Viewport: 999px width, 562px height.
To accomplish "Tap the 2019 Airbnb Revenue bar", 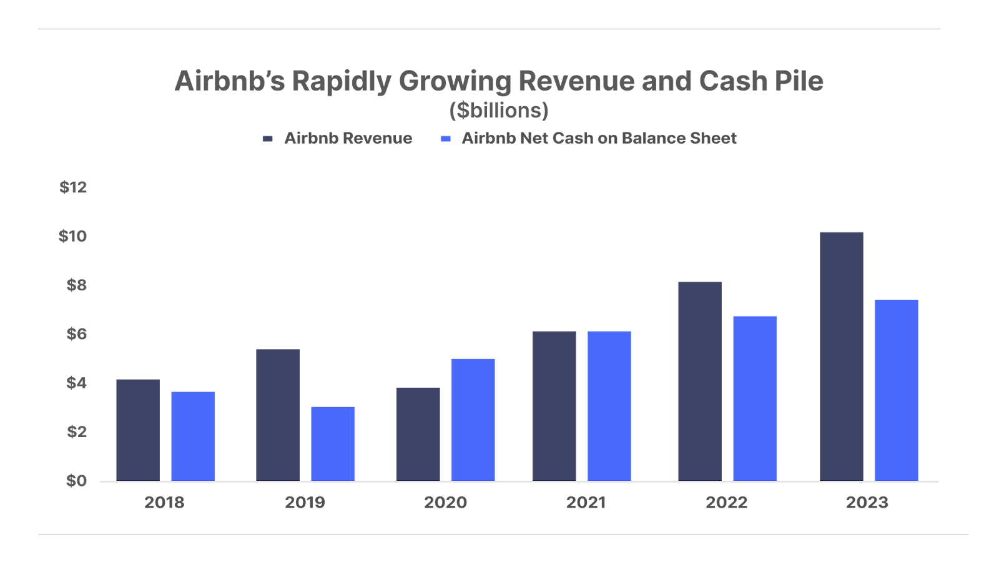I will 278,415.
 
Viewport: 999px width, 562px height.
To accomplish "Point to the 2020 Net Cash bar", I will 473,419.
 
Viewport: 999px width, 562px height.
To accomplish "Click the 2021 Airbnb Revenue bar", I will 554,405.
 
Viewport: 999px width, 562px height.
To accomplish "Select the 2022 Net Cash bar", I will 755,398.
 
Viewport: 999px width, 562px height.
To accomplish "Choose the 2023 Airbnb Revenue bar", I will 842,356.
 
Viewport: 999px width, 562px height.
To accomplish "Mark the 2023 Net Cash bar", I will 896,390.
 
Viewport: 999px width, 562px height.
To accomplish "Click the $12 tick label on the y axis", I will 73,187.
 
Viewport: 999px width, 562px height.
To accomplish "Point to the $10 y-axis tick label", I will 72,236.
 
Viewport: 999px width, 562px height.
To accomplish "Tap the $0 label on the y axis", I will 76,481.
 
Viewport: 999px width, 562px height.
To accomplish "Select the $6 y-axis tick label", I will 76,334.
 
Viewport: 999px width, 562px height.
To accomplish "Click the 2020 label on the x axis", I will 445,503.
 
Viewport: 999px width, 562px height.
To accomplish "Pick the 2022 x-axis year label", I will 726,503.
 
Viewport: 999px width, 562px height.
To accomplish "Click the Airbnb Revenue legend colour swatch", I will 268,139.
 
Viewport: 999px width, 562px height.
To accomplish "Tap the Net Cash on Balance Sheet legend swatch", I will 445,139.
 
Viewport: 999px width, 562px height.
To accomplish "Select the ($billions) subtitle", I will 499,111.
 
